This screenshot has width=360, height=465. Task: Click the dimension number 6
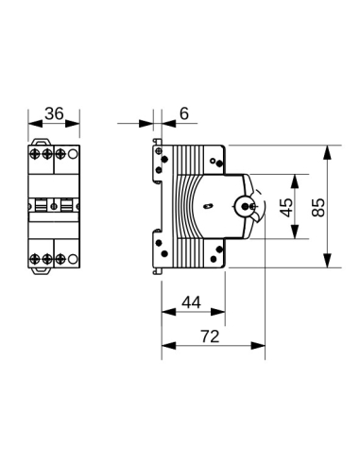(x=183, y=114)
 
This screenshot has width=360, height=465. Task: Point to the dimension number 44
(x=192, y=301)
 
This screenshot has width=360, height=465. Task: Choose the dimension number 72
(x=211, y=335)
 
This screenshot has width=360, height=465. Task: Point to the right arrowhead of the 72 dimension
(x=263, y=345)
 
